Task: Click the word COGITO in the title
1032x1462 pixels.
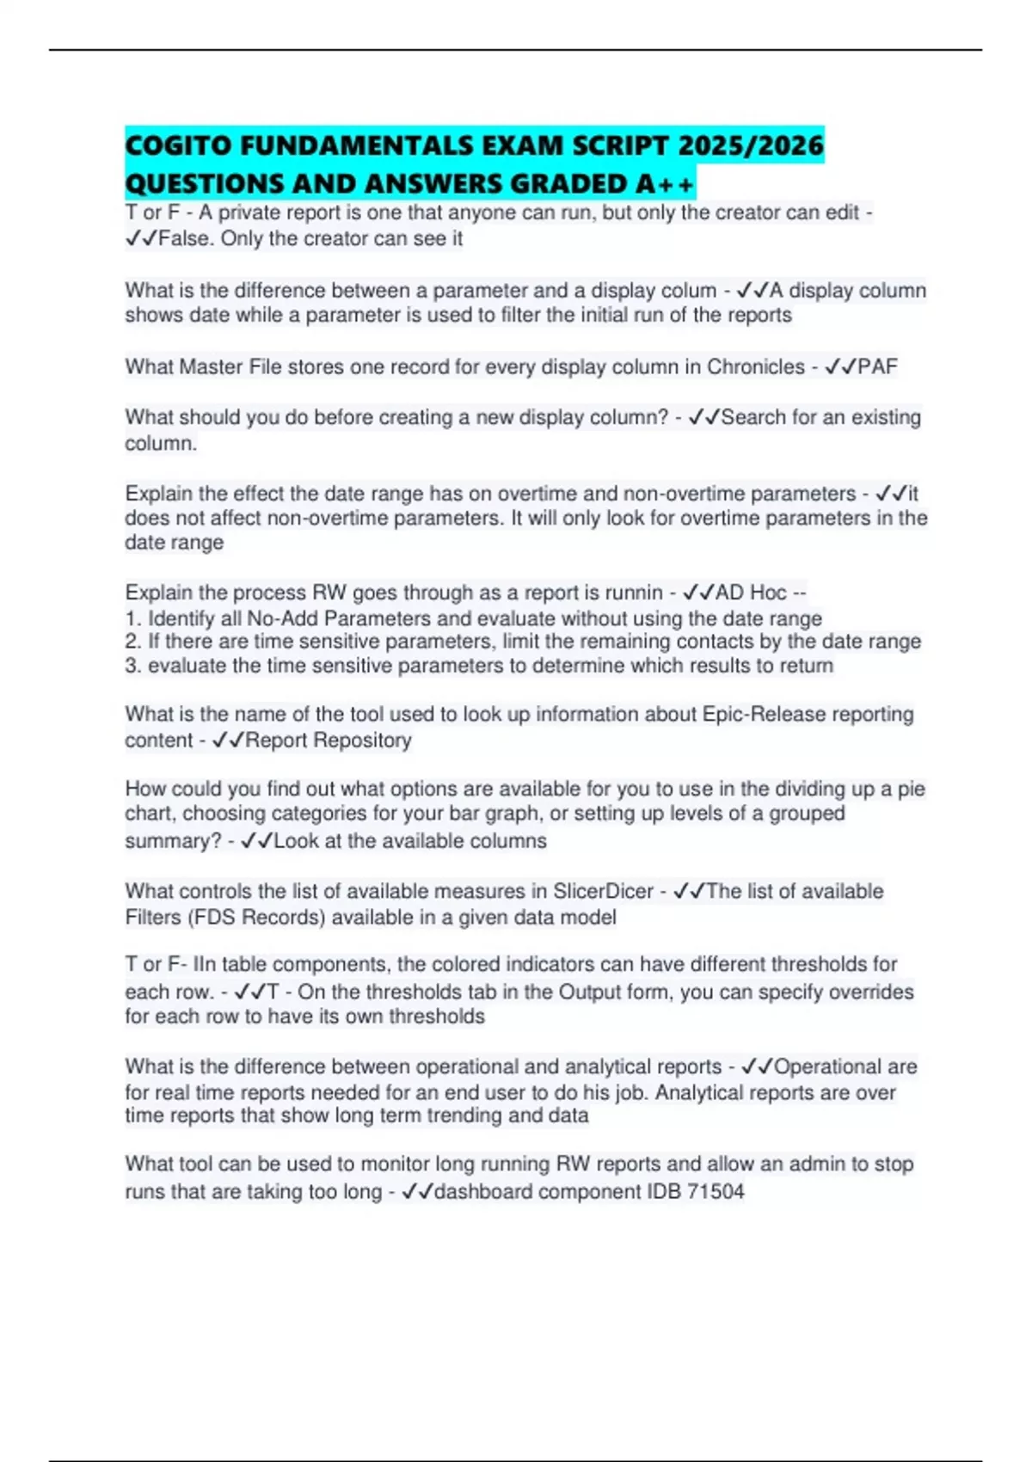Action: coord(178,145)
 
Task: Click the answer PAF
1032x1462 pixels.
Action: coord(877,367)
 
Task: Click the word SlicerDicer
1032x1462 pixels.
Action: coord(602,892)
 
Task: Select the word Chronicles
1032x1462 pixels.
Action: coord(756,367)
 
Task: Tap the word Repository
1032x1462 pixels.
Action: coord(362,740)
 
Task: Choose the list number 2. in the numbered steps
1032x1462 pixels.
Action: coord(133,642)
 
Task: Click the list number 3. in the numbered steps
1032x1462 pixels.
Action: coord(133,666)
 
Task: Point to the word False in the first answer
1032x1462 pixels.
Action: coord(183,239)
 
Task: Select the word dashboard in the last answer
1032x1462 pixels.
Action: coord(483,1192)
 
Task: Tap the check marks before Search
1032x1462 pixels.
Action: coord(704,418)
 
